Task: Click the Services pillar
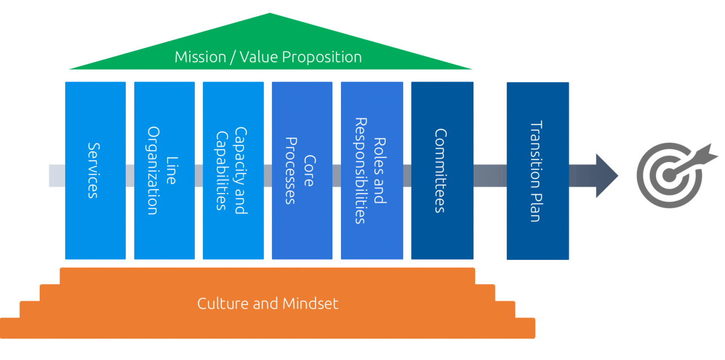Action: tap(95, 170)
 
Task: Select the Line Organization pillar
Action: tap(164, 170)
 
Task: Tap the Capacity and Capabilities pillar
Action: tap(233, 170)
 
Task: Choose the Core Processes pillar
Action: tap(302, 170)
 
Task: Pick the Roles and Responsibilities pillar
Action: tap(372, 170)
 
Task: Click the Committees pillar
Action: tap(442, 170)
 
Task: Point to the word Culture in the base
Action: tap(223, 303)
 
